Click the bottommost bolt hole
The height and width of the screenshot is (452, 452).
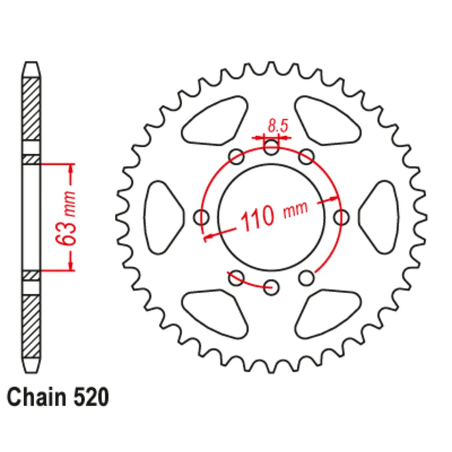[x=272, y=286]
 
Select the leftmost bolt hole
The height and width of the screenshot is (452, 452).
[x=203, y=217]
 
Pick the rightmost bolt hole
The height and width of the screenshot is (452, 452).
[x=341, y=217]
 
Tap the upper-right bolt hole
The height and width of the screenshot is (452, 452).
[x=307, y=156]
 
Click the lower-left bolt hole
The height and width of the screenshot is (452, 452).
[x=237, y=278]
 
